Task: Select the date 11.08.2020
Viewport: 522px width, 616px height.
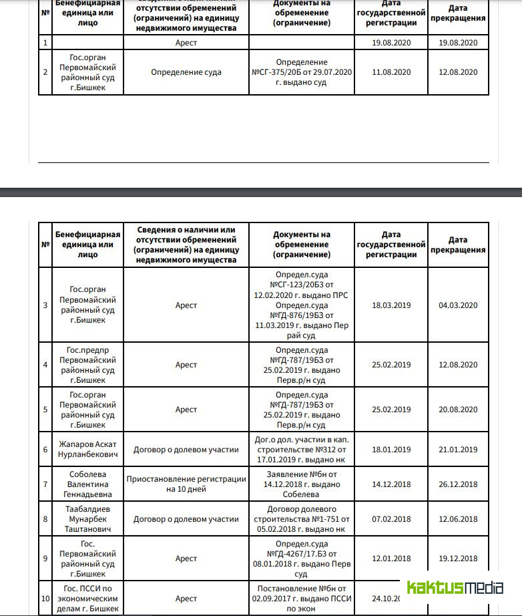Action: [x=391, y=72]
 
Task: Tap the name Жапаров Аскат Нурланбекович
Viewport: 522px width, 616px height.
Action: [x=87, y=450]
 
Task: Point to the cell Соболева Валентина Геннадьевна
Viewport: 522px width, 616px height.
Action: [x=87, y=484]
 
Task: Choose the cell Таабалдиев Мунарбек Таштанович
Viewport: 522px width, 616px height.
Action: [x=87, y=519]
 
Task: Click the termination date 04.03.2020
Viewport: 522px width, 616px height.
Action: [x=458, y=305]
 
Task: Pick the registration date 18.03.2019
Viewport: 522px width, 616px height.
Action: [x=391, y=305]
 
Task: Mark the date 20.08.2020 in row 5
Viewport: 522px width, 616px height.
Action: [x=458, y=410]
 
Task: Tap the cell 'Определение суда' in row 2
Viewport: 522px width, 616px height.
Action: [x=186, y=72]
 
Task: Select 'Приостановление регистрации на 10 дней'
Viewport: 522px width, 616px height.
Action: [x=186, y=484]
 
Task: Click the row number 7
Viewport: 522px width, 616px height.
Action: [x=45, y=484]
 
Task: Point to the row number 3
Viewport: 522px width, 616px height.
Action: [x=45, y=305]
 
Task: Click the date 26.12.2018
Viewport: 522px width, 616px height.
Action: [x=458, y=484]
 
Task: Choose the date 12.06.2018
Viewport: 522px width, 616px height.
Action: [x=458, y=519]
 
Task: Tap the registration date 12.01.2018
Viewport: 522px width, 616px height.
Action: [x=391, y=559]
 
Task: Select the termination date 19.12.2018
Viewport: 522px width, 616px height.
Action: [x=458, y=559]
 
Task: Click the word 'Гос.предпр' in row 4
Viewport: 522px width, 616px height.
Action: [x=87, y=350]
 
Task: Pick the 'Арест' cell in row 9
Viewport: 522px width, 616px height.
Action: [x=186, y=559]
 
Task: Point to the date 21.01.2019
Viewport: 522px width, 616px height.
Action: [x=458, y=450]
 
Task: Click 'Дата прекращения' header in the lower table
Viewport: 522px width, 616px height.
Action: [x=458, y=245]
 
